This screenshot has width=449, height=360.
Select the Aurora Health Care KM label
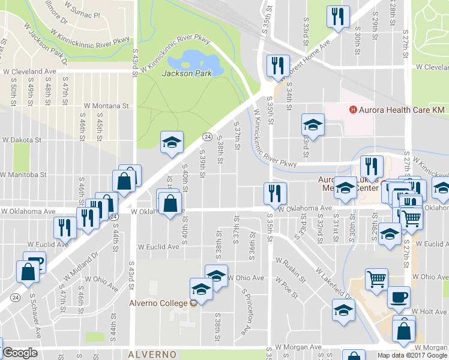tap(402, 110)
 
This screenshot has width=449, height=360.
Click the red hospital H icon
tap(354, 110)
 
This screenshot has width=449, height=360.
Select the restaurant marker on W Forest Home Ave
tap(277, 65)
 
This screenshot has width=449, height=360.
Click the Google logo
tap(20, 353)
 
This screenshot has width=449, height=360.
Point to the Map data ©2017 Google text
tap(412, 355)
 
